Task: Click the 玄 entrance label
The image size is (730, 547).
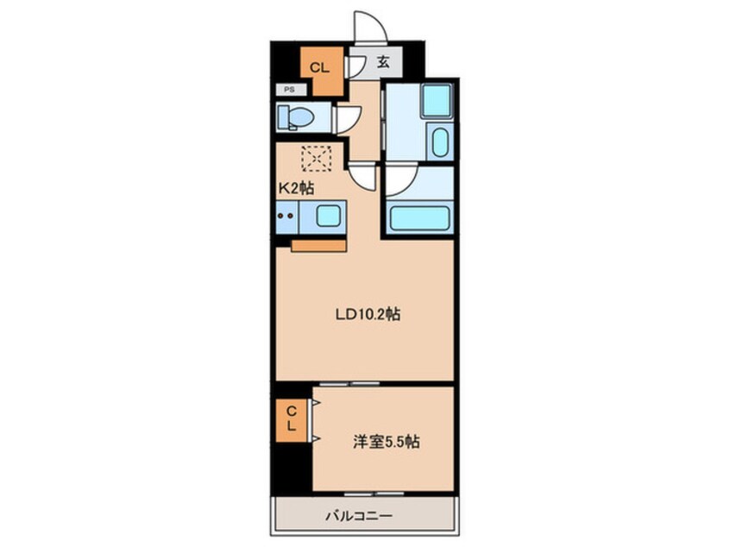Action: (x=382, y=63)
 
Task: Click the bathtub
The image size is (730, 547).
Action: (x=418, y=216)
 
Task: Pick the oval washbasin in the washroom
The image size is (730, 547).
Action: (x=439, y=141)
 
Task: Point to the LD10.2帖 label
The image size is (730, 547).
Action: (x=367, y=315)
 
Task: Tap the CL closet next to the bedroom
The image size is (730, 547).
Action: (x=293, y=419)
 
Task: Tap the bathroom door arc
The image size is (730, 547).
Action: (x=400, y=179)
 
